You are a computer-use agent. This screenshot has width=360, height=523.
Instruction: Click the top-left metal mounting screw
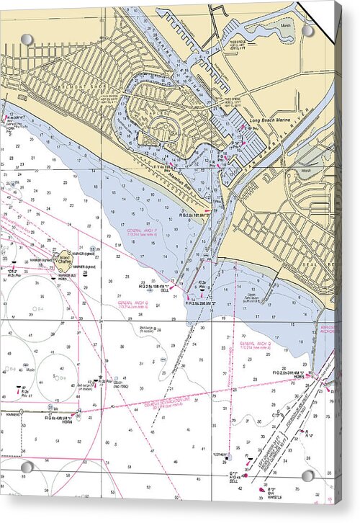click(x=27, y=39)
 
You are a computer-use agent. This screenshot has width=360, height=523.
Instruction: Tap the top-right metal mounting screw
click(x=307, y=32)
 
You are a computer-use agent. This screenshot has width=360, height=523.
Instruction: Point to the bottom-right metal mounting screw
click(x=307, y=476)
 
